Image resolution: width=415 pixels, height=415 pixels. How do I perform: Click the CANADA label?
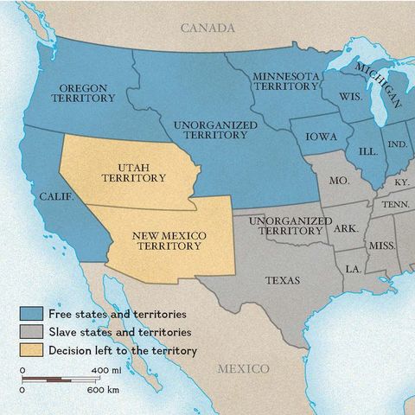pos(207,28)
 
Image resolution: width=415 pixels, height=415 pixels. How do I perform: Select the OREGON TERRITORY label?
pos(87,93)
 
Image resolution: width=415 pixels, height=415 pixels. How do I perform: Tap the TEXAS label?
pos(283,280)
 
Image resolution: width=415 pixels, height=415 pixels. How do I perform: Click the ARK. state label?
pos(346,228)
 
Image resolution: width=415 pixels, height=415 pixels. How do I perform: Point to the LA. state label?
pos(353,269)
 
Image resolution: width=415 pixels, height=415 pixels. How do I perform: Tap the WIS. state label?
pos(351,96)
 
